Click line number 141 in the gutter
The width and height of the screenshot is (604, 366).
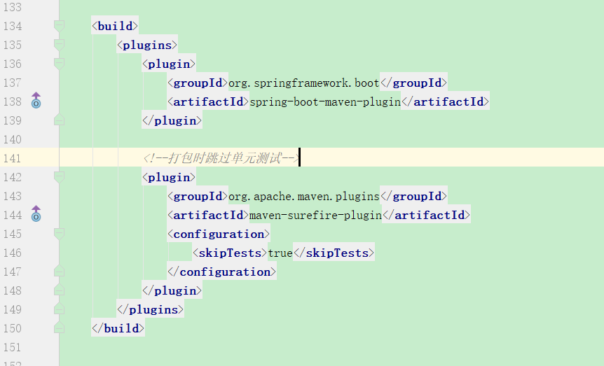click(x=13, y=158)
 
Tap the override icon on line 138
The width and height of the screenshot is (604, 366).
click(x=36, y=101)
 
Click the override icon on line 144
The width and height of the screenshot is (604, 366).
click(x=36, y=214)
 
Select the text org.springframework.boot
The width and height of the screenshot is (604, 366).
click(x=303, y=83)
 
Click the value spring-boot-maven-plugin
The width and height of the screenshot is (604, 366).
click(x=325, y=102)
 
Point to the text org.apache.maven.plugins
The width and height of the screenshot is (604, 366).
click(x=303, y=197)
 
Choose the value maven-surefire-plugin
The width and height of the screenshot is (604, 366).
click(x=315, y=216)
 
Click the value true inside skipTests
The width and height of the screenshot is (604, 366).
click(x=280, y=253)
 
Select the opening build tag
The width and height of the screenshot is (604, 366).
click(x=115, y=27)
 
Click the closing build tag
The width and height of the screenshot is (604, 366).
click(x=118, y=329)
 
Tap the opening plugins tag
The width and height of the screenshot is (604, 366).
click(x=146, y=45)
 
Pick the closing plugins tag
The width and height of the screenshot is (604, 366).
click(x=150, y=310)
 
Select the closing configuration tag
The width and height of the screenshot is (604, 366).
click(x=221, y=272)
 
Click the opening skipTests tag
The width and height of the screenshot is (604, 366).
click(x=230, y=253)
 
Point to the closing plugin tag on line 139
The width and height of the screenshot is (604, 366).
click(x=172, y=121)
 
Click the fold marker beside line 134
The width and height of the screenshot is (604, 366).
click(x=59, y=27)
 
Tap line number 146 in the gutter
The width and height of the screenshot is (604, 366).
click(x=13, y=253)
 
